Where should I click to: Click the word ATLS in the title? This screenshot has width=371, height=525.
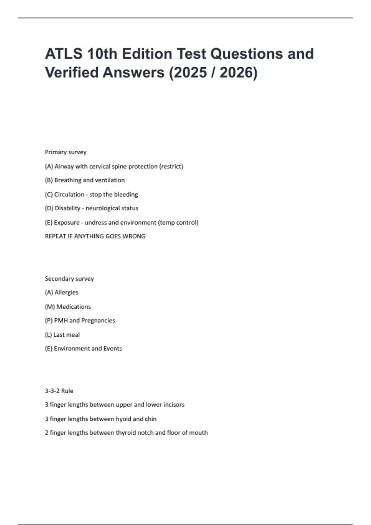(64, 54)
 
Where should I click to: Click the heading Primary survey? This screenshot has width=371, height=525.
(66, 152)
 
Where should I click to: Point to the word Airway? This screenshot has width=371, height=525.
(64, 166)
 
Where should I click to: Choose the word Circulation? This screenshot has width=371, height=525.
(69, 195)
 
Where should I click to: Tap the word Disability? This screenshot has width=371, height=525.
(67, 208)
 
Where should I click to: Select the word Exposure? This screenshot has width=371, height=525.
(66, 223)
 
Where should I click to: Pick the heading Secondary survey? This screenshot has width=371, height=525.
(69, 279)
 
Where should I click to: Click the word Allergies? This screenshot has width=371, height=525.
(66, 292)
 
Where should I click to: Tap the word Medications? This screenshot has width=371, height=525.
(74, 307)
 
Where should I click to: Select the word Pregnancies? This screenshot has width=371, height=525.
(98, 321)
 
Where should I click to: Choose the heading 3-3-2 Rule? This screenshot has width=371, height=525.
(59, 391)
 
